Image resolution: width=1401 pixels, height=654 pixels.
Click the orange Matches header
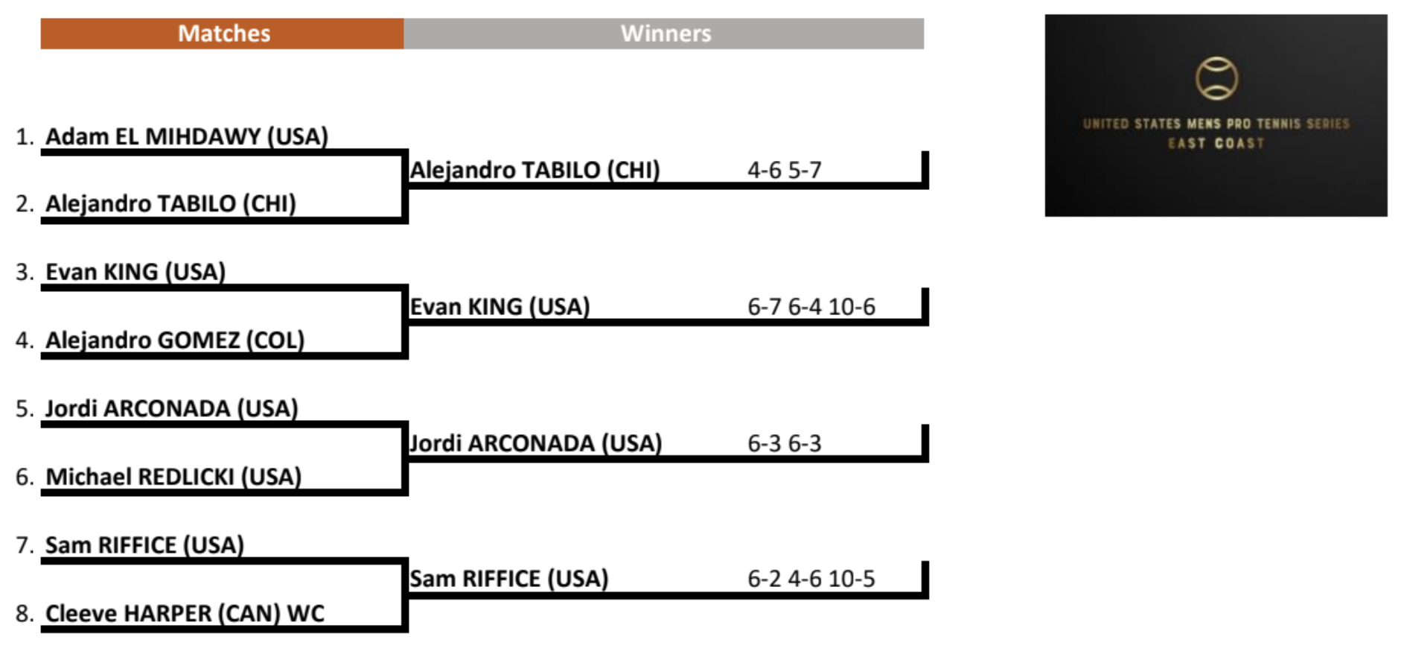[x=223, y=34]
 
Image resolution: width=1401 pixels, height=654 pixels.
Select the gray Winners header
[x=665, y=34]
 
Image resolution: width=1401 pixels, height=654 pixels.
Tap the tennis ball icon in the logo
[x=1216, y=78]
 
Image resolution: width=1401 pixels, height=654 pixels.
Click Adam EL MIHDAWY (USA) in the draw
[x=187, y=136]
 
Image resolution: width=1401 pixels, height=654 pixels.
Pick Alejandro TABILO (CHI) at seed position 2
[x=170, y=203]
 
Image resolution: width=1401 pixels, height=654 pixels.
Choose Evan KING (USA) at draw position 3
[x=135, y=272]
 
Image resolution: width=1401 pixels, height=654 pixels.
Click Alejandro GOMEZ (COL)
[x=175, y=340]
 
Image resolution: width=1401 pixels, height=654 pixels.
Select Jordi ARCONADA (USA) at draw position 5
[x=171, y=408]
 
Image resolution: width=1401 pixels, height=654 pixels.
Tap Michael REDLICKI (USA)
[x=173, y=477]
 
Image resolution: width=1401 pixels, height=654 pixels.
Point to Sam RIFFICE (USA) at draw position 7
[x=144, y=545]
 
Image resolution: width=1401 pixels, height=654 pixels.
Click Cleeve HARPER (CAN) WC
[x=185, y=614]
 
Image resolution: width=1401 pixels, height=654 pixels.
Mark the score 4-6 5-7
[x=784, y=171]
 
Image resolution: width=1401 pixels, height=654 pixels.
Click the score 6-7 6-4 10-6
[x=811, y=307]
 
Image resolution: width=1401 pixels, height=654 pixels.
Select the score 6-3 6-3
[x=784, y=444]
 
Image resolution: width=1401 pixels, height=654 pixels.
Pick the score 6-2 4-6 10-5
[x=811, y=579]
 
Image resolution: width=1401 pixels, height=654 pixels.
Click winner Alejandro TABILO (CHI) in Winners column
[x=534, y=171]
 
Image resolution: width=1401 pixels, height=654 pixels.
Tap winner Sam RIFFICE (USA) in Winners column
[x=509, y=579]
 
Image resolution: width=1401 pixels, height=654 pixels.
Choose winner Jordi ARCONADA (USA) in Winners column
[x=535, y=444]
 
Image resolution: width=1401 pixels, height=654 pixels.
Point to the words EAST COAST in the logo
[x=1216, y=143]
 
